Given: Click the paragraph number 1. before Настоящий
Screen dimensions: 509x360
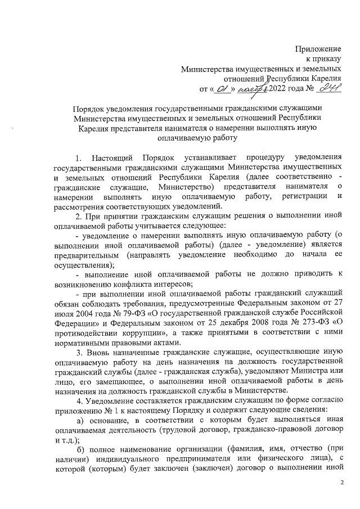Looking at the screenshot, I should (80, 155).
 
